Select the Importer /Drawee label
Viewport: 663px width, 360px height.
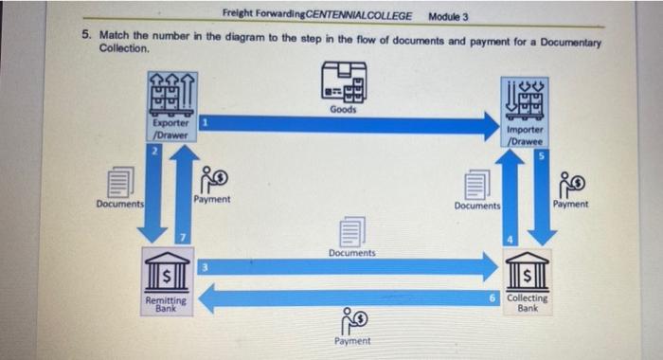(524, 135)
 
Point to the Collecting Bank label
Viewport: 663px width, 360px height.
(527, 303)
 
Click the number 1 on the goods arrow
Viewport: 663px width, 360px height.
(205, 123)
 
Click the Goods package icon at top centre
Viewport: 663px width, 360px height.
(343, 82)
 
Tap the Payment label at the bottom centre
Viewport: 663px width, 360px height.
(352, 341)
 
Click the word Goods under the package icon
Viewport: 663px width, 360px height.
(343, 109)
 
